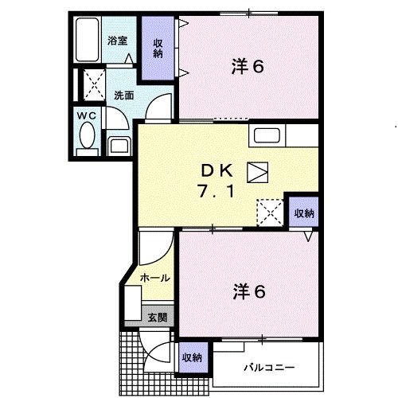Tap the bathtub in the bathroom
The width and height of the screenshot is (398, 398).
coord(88,40)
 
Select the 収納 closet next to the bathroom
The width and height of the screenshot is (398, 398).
coord(158,49)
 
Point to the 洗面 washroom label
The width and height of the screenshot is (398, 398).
coord(123,95)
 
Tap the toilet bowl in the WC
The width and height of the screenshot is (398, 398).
coord(85,139)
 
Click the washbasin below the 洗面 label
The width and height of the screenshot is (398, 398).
coord(120,145)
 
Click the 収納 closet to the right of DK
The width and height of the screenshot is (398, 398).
coord(303,213)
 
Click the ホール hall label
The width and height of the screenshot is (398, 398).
coord(154,278)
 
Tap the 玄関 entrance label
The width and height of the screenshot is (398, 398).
coord(156,317)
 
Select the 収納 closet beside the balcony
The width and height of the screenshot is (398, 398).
coord(191,357)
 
